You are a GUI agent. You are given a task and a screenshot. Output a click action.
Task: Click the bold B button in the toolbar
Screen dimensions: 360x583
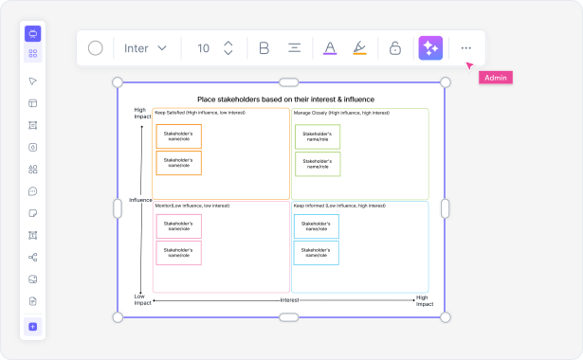264,48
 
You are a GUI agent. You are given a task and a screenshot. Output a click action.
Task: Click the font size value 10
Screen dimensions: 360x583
203,48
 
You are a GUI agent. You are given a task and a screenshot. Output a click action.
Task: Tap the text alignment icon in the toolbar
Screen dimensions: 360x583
295,48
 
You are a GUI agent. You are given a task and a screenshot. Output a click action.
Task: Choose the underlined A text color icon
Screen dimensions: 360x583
329,48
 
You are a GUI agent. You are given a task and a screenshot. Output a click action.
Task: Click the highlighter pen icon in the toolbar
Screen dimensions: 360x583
358,48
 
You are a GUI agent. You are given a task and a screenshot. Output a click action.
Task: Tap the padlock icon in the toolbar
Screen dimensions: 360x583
394,48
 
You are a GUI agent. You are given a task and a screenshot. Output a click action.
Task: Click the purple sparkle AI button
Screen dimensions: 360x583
430,48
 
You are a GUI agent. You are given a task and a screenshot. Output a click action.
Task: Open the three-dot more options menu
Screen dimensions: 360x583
465,48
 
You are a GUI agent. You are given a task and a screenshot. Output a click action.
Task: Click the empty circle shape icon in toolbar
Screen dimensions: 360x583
96,48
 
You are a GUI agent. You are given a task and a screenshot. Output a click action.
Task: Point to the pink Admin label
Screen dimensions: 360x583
495,78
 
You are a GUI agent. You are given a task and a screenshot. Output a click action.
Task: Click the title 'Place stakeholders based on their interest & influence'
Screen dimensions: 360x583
285,99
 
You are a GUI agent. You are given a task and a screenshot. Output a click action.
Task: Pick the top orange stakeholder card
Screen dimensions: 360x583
178,136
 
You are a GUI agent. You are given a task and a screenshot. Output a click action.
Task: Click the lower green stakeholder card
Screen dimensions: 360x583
318,163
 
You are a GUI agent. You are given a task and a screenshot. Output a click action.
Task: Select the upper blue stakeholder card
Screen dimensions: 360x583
317,226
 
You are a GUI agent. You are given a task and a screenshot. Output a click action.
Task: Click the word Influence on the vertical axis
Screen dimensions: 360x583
140,200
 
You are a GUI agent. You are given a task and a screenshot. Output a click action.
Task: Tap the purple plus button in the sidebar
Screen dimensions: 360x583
33,327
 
